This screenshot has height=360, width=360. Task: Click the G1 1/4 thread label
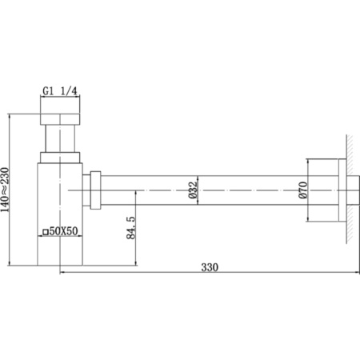click(60, 91)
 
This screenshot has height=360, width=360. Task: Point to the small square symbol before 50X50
click(46, 232)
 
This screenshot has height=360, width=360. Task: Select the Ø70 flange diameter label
click(302, 190)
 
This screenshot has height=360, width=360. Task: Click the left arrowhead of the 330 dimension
click(63, 273)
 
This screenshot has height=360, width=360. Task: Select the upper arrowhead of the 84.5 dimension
click(137, 193)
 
